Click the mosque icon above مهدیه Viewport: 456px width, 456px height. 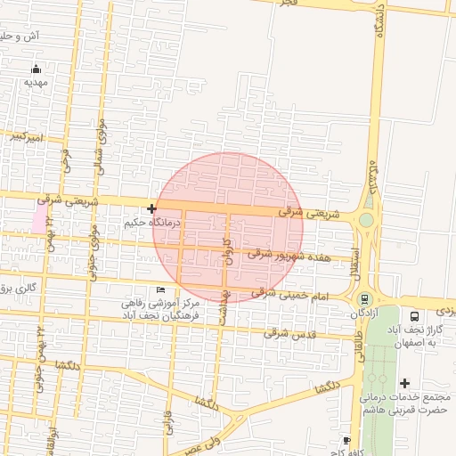click(x=36, y=69)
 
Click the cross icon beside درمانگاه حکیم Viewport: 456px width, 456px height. click(x=151, y=208)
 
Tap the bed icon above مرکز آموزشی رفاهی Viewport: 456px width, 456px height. click(x=160, y=290)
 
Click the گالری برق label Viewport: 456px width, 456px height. click(x=17, y=287)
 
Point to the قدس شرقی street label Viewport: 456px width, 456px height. click(x=289, y=333)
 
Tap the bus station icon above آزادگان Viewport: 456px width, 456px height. click(x=363, y=297)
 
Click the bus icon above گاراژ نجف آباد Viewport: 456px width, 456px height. click(x=414, y=316)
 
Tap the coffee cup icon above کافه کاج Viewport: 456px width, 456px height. click(x=347, y=440)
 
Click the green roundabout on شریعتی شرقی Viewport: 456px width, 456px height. click(x=366, y=219)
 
